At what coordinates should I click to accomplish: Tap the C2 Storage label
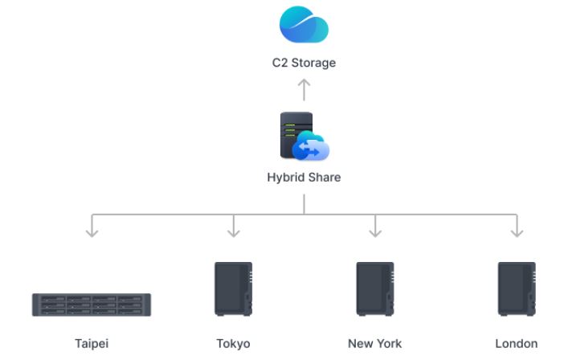click(304, 62)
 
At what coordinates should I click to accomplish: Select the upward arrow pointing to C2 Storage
click(304, 88)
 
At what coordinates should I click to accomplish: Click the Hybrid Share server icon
click(296, 134)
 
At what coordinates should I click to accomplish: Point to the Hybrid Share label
click(304, 177)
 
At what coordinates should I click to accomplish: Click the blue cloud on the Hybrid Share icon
click(311, 147)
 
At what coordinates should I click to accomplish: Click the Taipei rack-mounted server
click(92, 305)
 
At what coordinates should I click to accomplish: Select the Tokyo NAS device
click(233, 288)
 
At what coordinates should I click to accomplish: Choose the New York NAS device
click(375, 288)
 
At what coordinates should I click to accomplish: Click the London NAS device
click(517, 288)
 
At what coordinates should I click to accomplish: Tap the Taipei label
click(92, 343)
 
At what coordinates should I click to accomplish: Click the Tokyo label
click(233, 343)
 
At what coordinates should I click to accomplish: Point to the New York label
click(375, 343)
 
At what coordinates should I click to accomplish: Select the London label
click(517, 343)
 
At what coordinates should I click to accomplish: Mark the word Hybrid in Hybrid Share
click(284, 177)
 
